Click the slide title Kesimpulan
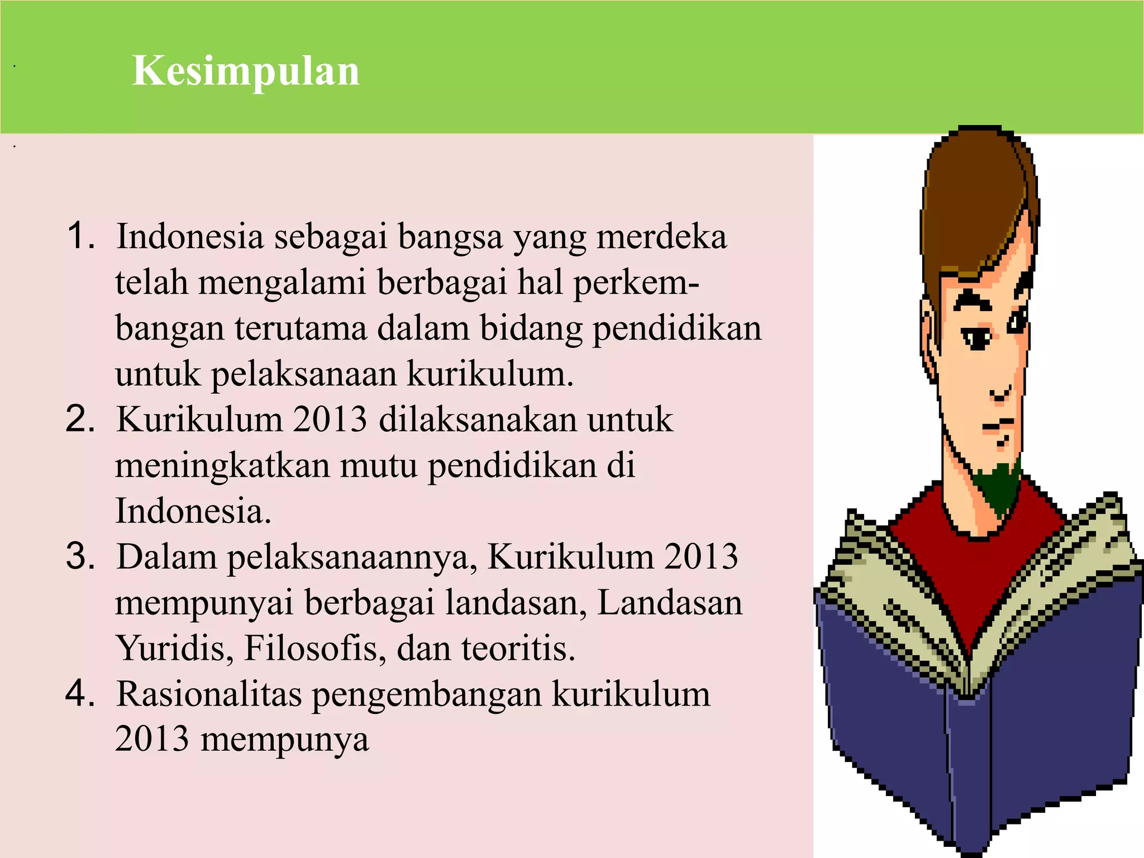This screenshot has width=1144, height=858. pos(246,71)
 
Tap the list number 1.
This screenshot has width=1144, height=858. pos(80,235)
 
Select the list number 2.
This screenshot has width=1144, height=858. pos(80,418)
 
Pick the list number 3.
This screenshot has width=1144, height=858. pos(80,556)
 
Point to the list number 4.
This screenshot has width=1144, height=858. pos(80,693)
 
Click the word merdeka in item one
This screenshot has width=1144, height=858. pos(661,236)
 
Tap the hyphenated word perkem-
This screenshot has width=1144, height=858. pos(636,282)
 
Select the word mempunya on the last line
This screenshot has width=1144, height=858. pos(284,740)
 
